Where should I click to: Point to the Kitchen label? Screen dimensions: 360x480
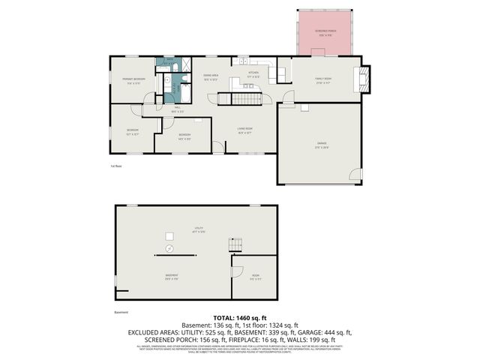(x=253, y=74)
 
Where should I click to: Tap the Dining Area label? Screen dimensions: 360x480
(x=211, y=76)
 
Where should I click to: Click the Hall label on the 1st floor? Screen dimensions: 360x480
(x=178, y=109)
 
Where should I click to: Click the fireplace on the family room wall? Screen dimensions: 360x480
(x=364, y=78)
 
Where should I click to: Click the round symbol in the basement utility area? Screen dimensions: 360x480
(x=169, y=247)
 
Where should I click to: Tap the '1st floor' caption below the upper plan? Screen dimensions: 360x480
(x=115, y=166)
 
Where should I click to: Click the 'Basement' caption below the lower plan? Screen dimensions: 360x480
(x=121, y=312)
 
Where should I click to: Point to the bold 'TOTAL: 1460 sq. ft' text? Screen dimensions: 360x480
(x=240, y=319)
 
